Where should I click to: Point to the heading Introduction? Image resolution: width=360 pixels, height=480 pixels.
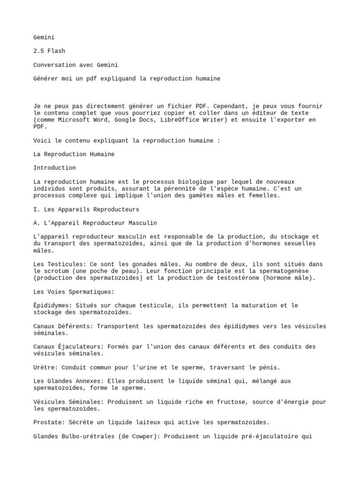coord(54,168)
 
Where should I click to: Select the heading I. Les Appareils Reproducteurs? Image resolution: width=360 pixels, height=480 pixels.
coord(86,209)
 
